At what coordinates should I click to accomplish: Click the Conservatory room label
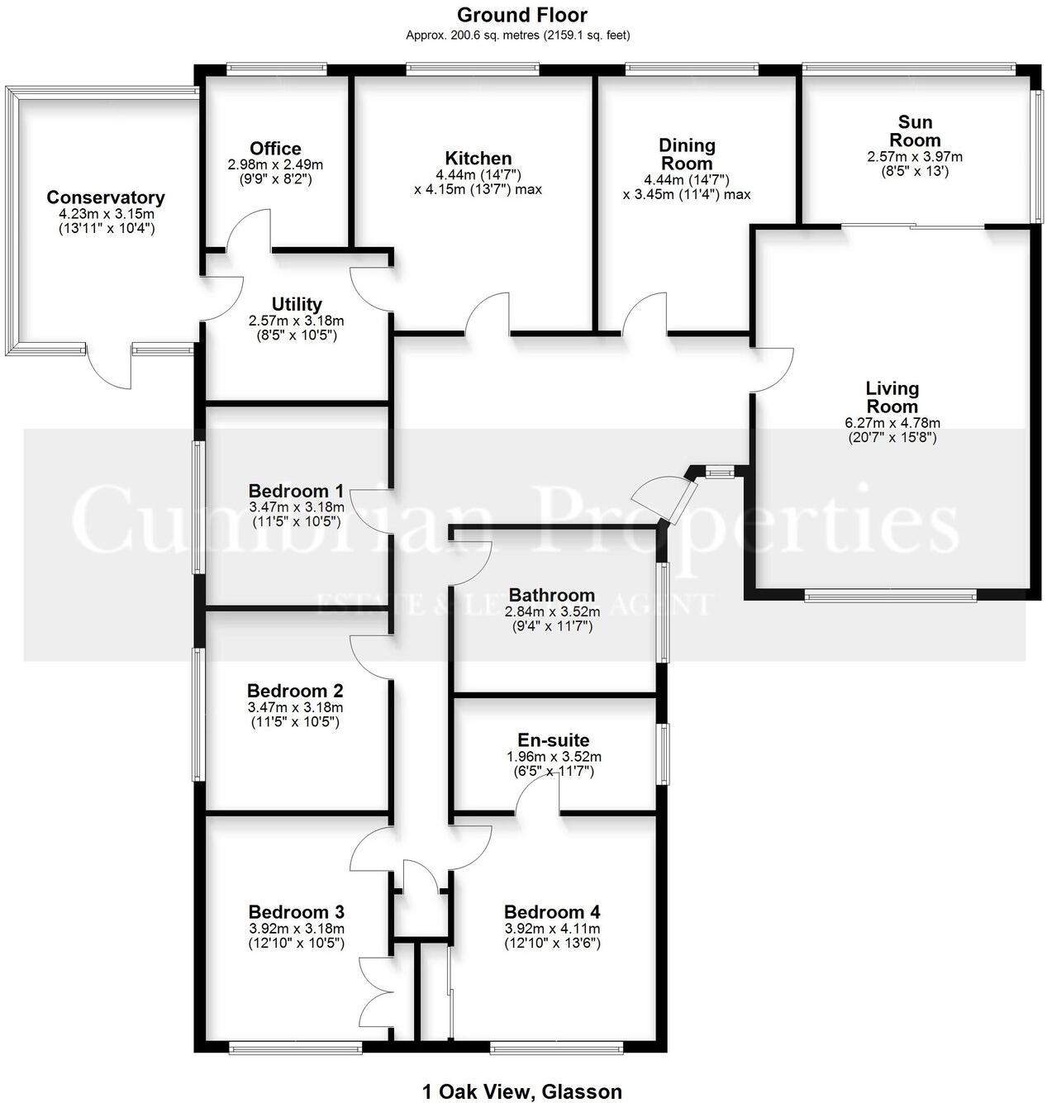coord(105,197)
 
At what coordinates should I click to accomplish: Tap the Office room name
coord(275,149)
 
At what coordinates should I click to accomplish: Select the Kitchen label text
coord(478,159)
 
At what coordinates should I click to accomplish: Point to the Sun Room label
coord(915,131)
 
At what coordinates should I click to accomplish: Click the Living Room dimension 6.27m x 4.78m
coord(892,423)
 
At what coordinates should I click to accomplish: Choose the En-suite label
coord(553,740)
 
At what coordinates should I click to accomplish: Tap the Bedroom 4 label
coord(552,912)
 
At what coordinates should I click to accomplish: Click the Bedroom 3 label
coord(296,912)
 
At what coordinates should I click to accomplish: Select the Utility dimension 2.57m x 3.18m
coord(296,321)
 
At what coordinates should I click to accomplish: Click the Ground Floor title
coord(521,15)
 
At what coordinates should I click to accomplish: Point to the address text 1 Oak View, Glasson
coord(521,1091)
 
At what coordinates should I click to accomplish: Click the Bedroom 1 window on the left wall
coord(198,506)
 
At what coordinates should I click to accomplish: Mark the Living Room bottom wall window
coord(890,595)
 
